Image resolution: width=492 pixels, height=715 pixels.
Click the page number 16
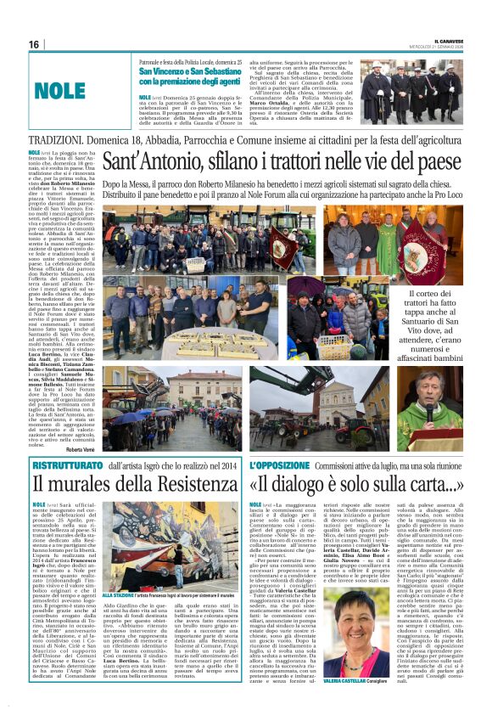(34, 44)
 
